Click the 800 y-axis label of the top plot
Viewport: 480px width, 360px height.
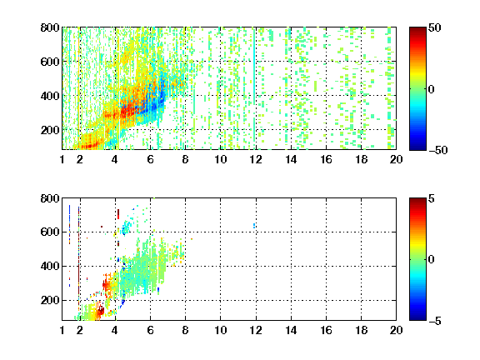pyautogui.click(x=50, y=27)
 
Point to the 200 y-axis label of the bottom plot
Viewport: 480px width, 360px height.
pyautogui.click(x=50, y=300)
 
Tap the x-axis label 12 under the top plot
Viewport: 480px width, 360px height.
pyautogui.click(x=256, y=159)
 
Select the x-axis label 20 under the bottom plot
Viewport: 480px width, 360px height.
pyautogui.click(x=396, y=330)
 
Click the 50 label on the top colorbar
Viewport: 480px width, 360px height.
pyautogui.click(x=435, y=27)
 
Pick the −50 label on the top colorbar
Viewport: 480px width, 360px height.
pyautogui.click(x=438, y=150)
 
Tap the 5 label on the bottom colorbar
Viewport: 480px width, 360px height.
pyautogui.click(x=432, y=198)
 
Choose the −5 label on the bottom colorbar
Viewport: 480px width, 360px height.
pyautogui.click(x=435, y=321)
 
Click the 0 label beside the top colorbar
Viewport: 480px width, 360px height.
pyautogui.click(x=432, y=89)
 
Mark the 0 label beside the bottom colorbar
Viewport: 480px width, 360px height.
pyautogui.click(x=432, y=260)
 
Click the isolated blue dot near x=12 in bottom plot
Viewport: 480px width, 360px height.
pyautogui.click(x=254, y=226)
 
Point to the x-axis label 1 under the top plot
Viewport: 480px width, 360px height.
pyautogui.click(x=62, y=159)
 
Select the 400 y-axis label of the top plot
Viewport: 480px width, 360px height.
pyautogui.click(x=50, y=96)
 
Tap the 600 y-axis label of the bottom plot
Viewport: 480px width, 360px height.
pyautogui.click(x=50, y=232)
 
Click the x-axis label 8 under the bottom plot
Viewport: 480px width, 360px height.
pyautogui.click(x=185, y=330)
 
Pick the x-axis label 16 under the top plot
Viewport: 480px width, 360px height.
pyautogui.click(x=326, y=159)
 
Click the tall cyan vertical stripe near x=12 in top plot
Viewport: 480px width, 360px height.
pyautogui.click(x=254, y=88)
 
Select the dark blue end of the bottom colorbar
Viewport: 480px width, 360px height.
pyautogui.click(x=417, y=318)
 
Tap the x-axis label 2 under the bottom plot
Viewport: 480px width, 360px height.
pyautogui.click(x=80, y=330)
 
